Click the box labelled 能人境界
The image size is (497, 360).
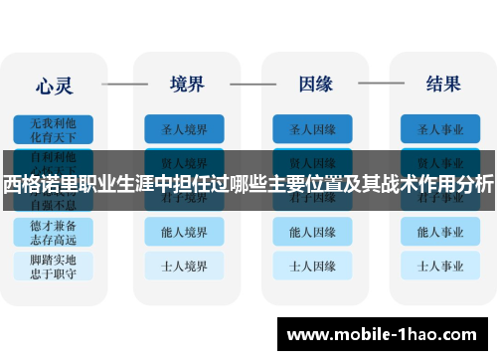point(184,232)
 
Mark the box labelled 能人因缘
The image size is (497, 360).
point(312,232)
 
